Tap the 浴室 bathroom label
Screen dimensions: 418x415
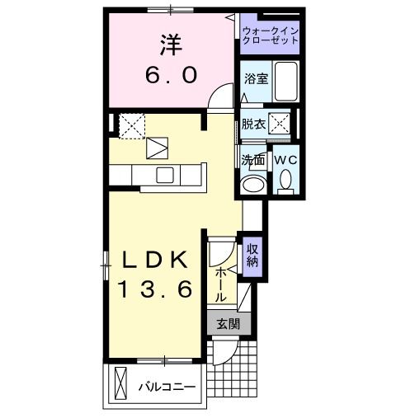tap(255, 79)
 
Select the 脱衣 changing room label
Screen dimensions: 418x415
tap(253, 124)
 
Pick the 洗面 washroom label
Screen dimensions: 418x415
tap(252, 160)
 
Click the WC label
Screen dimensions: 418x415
tap(285, 159)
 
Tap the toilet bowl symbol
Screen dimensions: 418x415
tap(285, 179)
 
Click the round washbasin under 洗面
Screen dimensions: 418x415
tap(253, 183)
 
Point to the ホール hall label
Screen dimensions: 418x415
tap(221, 284)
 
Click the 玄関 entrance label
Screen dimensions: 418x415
tap(228, 324)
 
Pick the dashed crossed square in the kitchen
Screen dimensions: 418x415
tap(132, 125)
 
